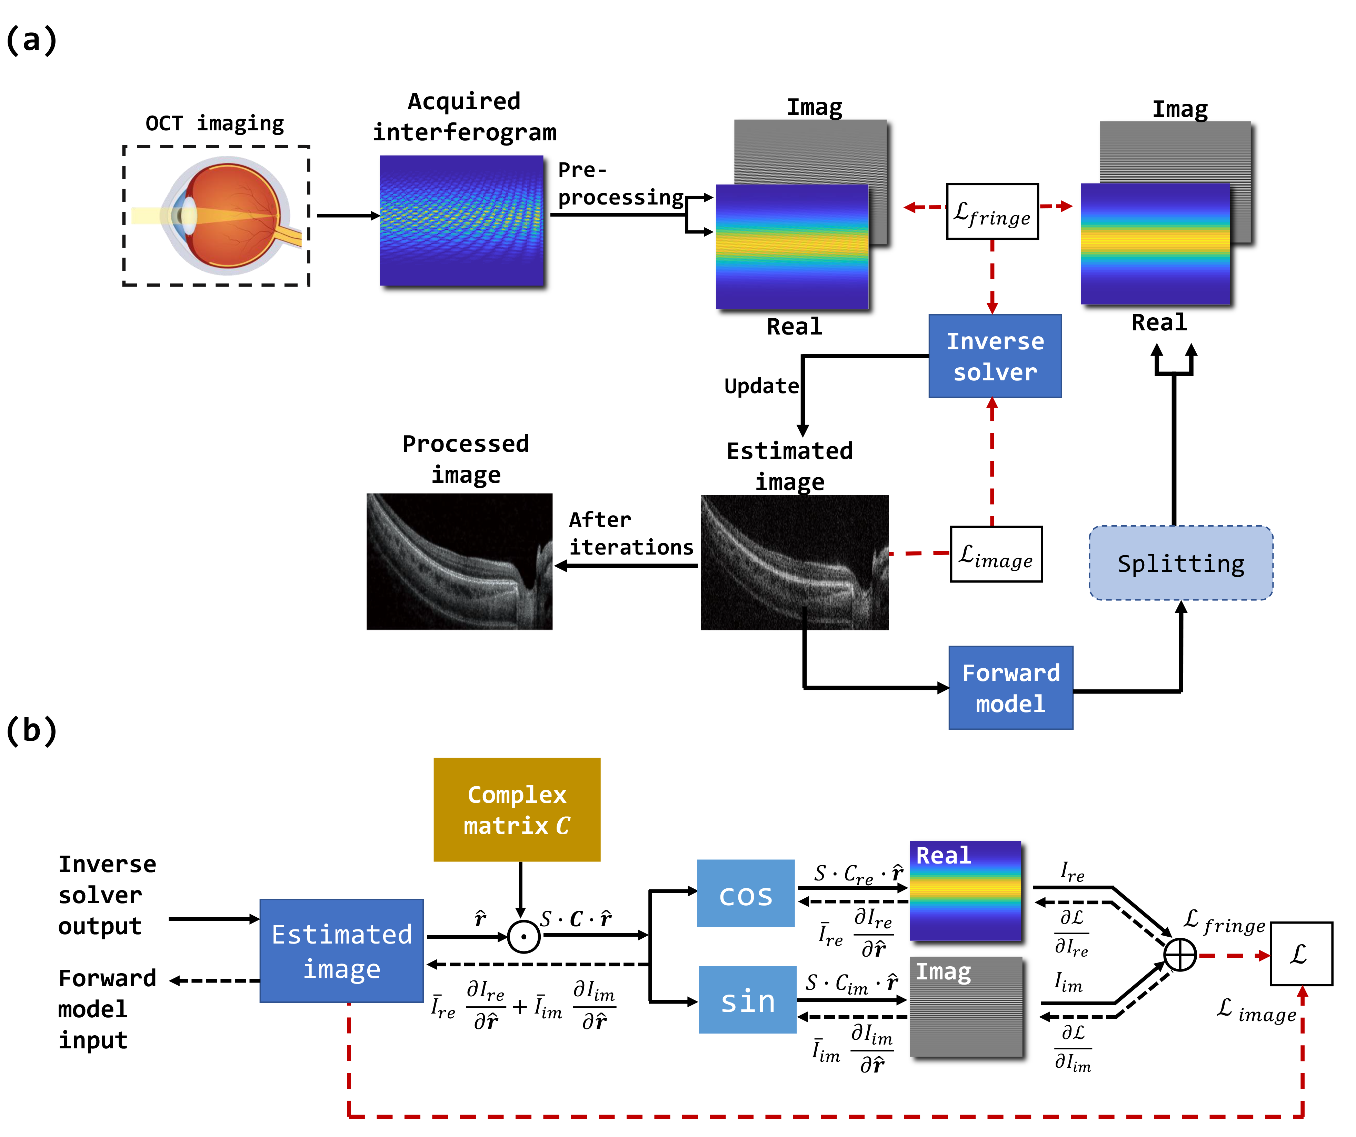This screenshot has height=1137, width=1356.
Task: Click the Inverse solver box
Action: tap(994, 356)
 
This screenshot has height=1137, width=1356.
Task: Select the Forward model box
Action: tap(1010, 688)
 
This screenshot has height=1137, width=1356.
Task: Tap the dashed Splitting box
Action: tap(1180, 563)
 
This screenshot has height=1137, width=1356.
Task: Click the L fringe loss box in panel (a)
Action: tap(992, 212)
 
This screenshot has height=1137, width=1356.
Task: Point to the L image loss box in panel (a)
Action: tap(996, 554)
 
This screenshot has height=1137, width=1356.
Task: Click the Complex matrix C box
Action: tap(517, 809)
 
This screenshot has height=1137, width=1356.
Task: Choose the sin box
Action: tap(747, 999)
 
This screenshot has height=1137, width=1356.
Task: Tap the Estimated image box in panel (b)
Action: tap(341, 950)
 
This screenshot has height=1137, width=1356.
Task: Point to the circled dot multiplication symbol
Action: tap(523, 936)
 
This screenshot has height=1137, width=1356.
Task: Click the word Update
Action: tap(761, 386)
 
